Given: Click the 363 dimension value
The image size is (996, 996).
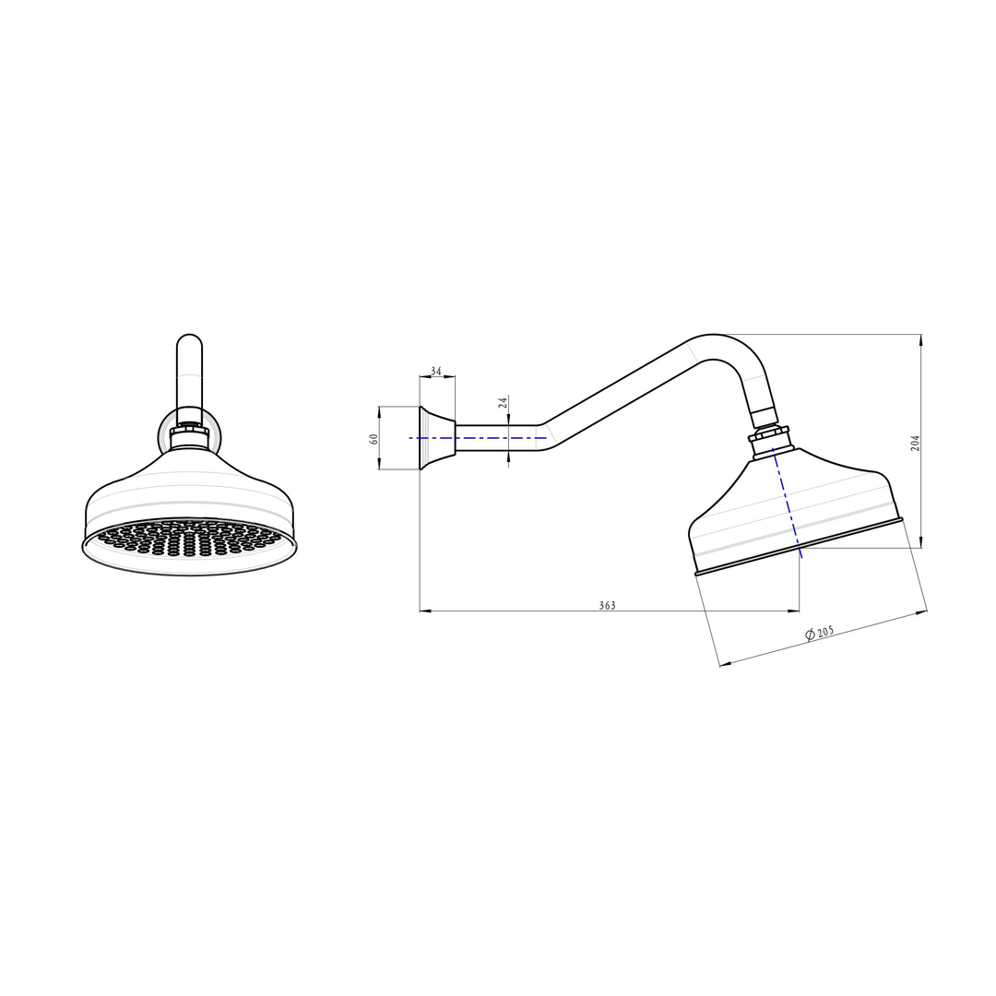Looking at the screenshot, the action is click(x=607, y=605).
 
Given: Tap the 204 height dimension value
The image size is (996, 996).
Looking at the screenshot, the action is click(x=915, y=443).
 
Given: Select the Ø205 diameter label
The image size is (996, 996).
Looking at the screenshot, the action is click(x=820, y=633).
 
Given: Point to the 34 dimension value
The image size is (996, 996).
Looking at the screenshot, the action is click(x=435, y=371).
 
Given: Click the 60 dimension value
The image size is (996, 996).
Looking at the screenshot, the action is click(x=373, y=439).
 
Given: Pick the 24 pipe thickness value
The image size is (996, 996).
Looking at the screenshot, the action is click(x=504, y=402).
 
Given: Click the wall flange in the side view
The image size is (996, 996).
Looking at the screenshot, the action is click(x=437, y=438).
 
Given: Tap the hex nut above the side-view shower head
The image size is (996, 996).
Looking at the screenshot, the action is click(x=769, y=437).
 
